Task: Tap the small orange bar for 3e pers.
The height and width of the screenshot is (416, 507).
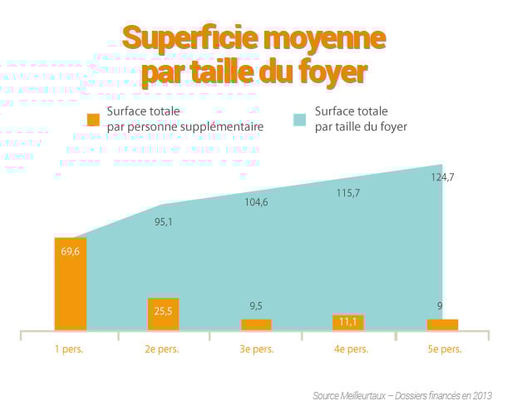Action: pos(256,324)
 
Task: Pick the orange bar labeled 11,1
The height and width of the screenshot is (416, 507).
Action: pos(349,323)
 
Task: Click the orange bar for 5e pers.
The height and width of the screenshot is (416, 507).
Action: pos(442,324)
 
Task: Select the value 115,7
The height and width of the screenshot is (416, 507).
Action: pos(348,193)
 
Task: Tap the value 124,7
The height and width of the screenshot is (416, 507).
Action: pos(442,177)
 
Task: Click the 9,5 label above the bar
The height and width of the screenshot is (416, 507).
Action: pos(256,305)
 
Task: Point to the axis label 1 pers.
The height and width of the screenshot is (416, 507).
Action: pos(69,349)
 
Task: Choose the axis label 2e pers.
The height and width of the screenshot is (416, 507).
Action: pos(162,349)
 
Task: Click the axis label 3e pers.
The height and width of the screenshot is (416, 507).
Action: pos(256,349)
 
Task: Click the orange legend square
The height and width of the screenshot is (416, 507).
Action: pos(93,119)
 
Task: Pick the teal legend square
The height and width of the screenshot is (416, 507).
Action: pos(301,118)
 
